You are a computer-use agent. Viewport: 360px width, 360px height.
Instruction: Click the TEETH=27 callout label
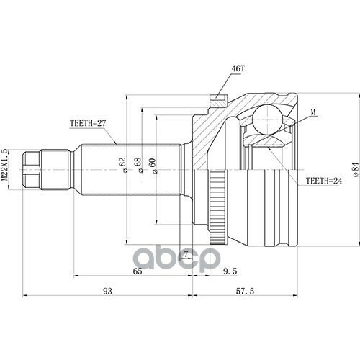[x=88, y=123]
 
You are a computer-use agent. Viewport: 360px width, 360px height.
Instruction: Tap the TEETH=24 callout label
[x=323, y=181]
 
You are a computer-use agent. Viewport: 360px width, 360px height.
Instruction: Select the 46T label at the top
[x=238, y=69]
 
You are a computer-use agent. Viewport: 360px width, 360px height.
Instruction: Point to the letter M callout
[x=313, y=112]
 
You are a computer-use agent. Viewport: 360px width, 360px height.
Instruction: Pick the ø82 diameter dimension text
[x=122, y=165]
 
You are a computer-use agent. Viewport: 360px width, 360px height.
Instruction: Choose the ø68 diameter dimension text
[x=138, y=165]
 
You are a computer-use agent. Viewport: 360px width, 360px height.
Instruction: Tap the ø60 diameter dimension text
[x=153, y=166]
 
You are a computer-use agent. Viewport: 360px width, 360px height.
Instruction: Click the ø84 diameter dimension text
[x=356, y=170]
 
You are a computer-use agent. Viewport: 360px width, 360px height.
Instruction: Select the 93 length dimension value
[x=107, y=291]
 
